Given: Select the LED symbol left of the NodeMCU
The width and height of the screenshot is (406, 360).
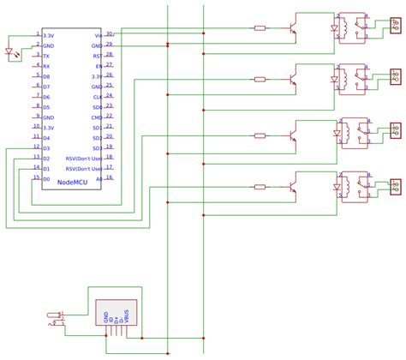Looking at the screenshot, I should (x=10, y=51).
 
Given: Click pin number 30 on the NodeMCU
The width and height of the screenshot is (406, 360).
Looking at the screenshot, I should (x=109, y=33).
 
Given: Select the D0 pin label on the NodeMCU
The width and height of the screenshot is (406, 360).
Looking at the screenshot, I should (x=46, y=179).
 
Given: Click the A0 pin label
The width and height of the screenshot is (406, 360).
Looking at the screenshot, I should (x=99, y=179).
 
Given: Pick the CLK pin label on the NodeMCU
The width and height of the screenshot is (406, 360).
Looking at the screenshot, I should (x=98, y=97).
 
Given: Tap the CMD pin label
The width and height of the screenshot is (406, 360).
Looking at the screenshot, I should (x=97, y=117).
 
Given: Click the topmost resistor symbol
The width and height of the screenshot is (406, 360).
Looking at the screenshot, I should (x=260, y=28).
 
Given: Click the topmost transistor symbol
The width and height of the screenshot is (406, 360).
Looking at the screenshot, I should (x=294, y=30).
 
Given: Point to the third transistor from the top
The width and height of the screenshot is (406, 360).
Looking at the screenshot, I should (x=294, y=135).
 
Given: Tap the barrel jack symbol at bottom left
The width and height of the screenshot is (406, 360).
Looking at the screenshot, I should (x=57, y=319).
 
